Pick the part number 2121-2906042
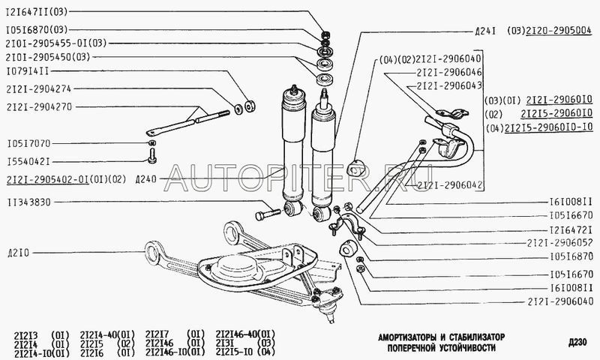[449, 184]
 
